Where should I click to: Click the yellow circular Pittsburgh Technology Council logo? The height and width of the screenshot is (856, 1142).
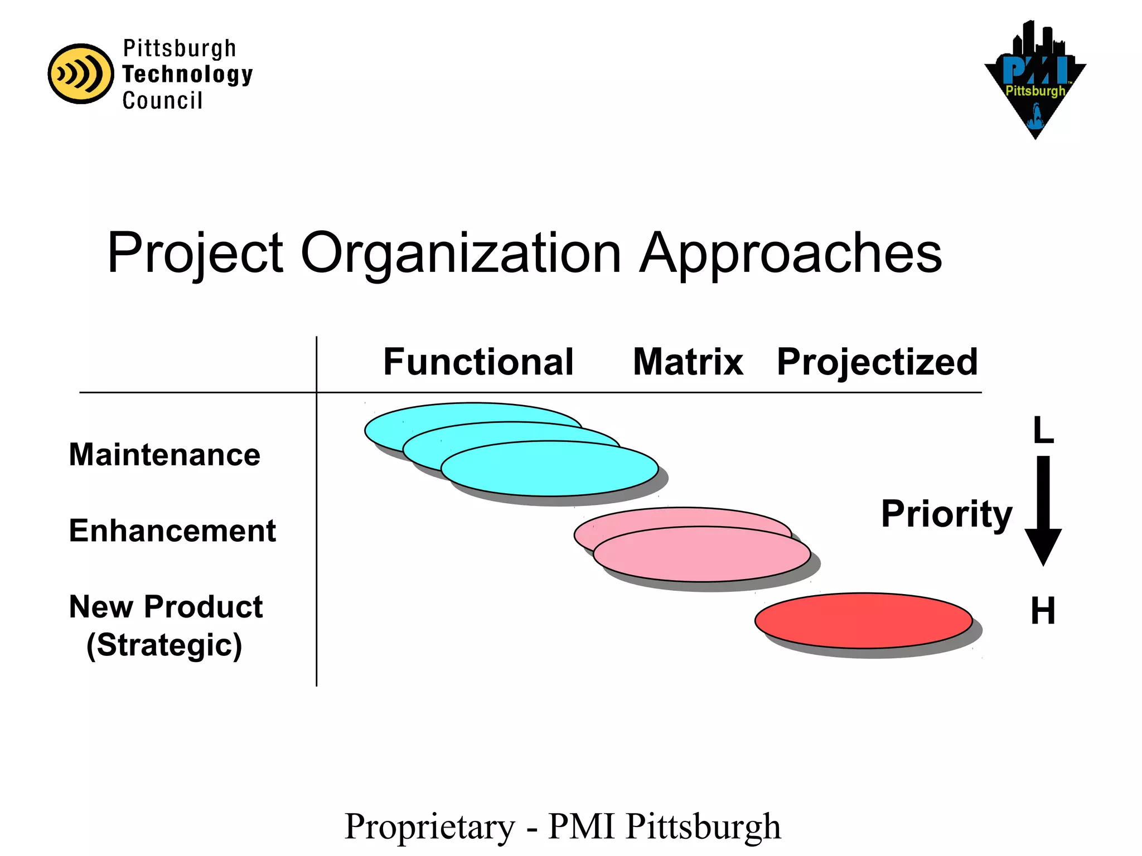point(80,74)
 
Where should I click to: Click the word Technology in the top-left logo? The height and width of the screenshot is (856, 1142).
point(187,74)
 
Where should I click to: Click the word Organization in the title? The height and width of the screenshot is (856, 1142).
point(461,254)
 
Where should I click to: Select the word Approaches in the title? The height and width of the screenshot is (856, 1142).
point(791,254)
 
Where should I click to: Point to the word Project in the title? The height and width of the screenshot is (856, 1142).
point(195,254)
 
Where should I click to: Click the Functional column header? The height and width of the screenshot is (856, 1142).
point(478,362)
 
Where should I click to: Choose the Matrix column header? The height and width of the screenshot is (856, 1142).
point(688,362)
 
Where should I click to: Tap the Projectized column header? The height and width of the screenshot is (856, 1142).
point(877,362)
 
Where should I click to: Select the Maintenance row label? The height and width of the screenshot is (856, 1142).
point(164,455)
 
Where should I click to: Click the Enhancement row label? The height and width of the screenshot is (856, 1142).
point(172,531)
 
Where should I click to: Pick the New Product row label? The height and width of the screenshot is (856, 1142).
point(166,606)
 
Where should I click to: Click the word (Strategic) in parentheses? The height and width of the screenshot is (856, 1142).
point(164,645)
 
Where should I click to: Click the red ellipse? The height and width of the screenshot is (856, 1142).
point(863,620)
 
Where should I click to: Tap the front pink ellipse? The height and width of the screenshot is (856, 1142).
point(701,555)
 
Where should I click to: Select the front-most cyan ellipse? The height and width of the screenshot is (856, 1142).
point(549,469)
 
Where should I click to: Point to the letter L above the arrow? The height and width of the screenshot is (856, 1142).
point(1043,430)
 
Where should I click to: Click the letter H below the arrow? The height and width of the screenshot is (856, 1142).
point(1043,611)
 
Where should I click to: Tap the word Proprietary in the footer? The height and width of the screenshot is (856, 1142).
point(429,826)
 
